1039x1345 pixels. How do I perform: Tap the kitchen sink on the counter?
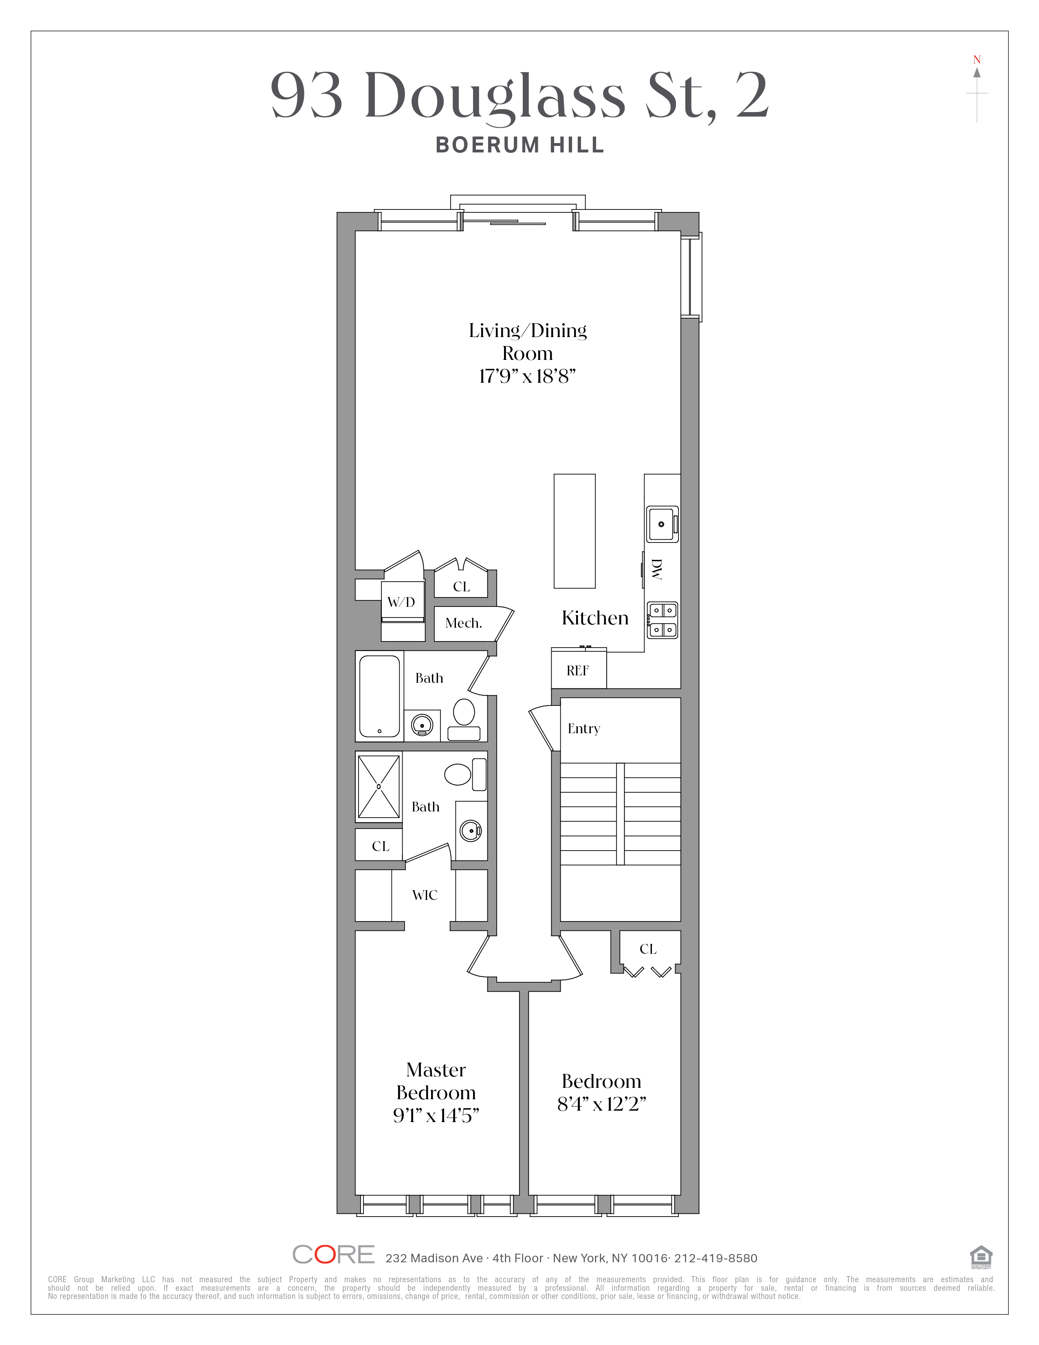click(x=662, y=524)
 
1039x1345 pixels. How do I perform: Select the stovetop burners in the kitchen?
click(x=662, y=620)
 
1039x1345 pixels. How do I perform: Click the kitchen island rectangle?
click(x=574, y=531)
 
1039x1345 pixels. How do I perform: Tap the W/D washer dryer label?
click(x=401, y=602)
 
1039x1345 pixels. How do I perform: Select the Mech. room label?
click(x=464, y=623)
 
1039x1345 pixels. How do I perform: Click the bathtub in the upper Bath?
click(x=379, y=696)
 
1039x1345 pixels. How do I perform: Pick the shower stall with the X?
click(x=379, y=787)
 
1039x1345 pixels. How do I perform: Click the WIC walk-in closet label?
click(x=425, y=895)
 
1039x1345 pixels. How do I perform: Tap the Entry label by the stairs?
click(x=583, y=729)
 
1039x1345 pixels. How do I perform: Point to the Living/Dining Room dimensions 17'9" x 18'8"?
click(x=528, y=376)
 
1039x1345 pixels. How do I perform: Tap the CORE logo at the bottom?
click(x=333, y=1255)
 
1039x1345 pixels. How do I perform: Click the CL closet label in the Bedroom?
click(x=648, y=949)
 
